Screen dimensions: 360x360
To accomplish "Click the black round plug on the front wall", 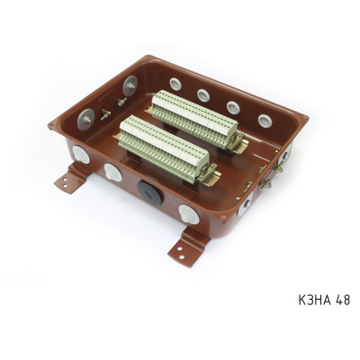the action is click(150, 193).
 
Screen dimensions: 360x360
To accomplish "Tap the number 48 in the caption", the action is click(343, 300).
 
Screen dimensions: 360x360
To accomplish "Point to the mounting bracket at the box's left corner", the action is click(71, 177).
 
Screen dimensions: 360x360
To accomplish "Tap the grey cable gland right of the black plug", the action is click(189, 214).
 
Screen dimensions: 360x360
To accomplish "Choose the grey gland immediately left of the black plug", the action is click(113, 173).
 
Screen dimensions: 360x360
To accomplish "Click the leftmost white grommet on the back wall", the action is click(175, 85).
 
